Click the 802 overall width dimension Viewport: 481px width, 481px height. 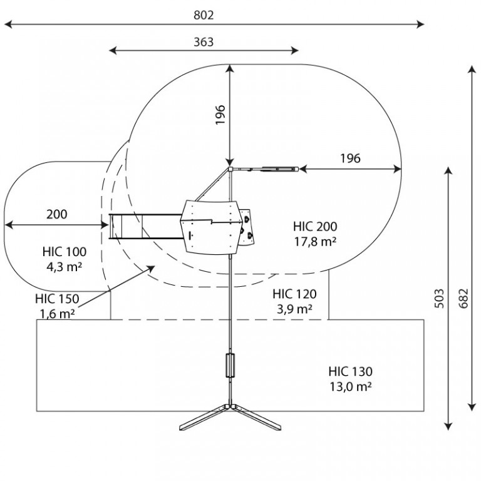204,15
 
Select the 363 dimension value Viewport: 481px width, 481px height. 204,42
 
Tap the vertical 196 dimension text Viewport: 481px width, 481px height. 220,115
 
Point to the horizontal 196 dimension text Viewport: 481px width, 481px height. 350,158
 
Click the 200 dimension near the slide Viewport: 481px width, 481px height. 57,214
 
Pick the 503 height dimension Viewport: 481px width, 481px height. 439,298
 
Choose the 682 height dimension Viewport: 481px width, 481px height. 463,298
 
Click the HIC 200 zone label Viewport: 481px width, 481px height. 315,226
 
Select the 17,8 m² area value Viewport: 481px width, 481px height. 315,241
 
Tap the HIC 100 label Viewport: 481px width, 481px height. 65,252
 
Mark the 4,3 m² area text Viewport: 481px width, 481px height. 64,267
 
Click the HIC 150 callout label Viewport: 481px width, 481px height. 57,299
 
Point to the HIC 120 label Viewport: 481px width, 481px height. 294,294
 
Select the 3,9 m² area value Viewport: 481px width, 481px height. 294,309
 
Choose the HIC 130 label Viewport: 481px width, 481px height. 350,371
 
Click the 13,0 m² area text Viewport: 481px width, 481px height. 351,386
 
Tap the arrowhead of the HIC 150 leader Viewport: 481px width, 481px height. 152,268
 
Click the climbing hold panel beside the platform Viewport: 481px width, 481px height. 247,227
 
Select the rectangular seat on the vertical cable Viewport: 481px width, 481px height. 230,365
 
